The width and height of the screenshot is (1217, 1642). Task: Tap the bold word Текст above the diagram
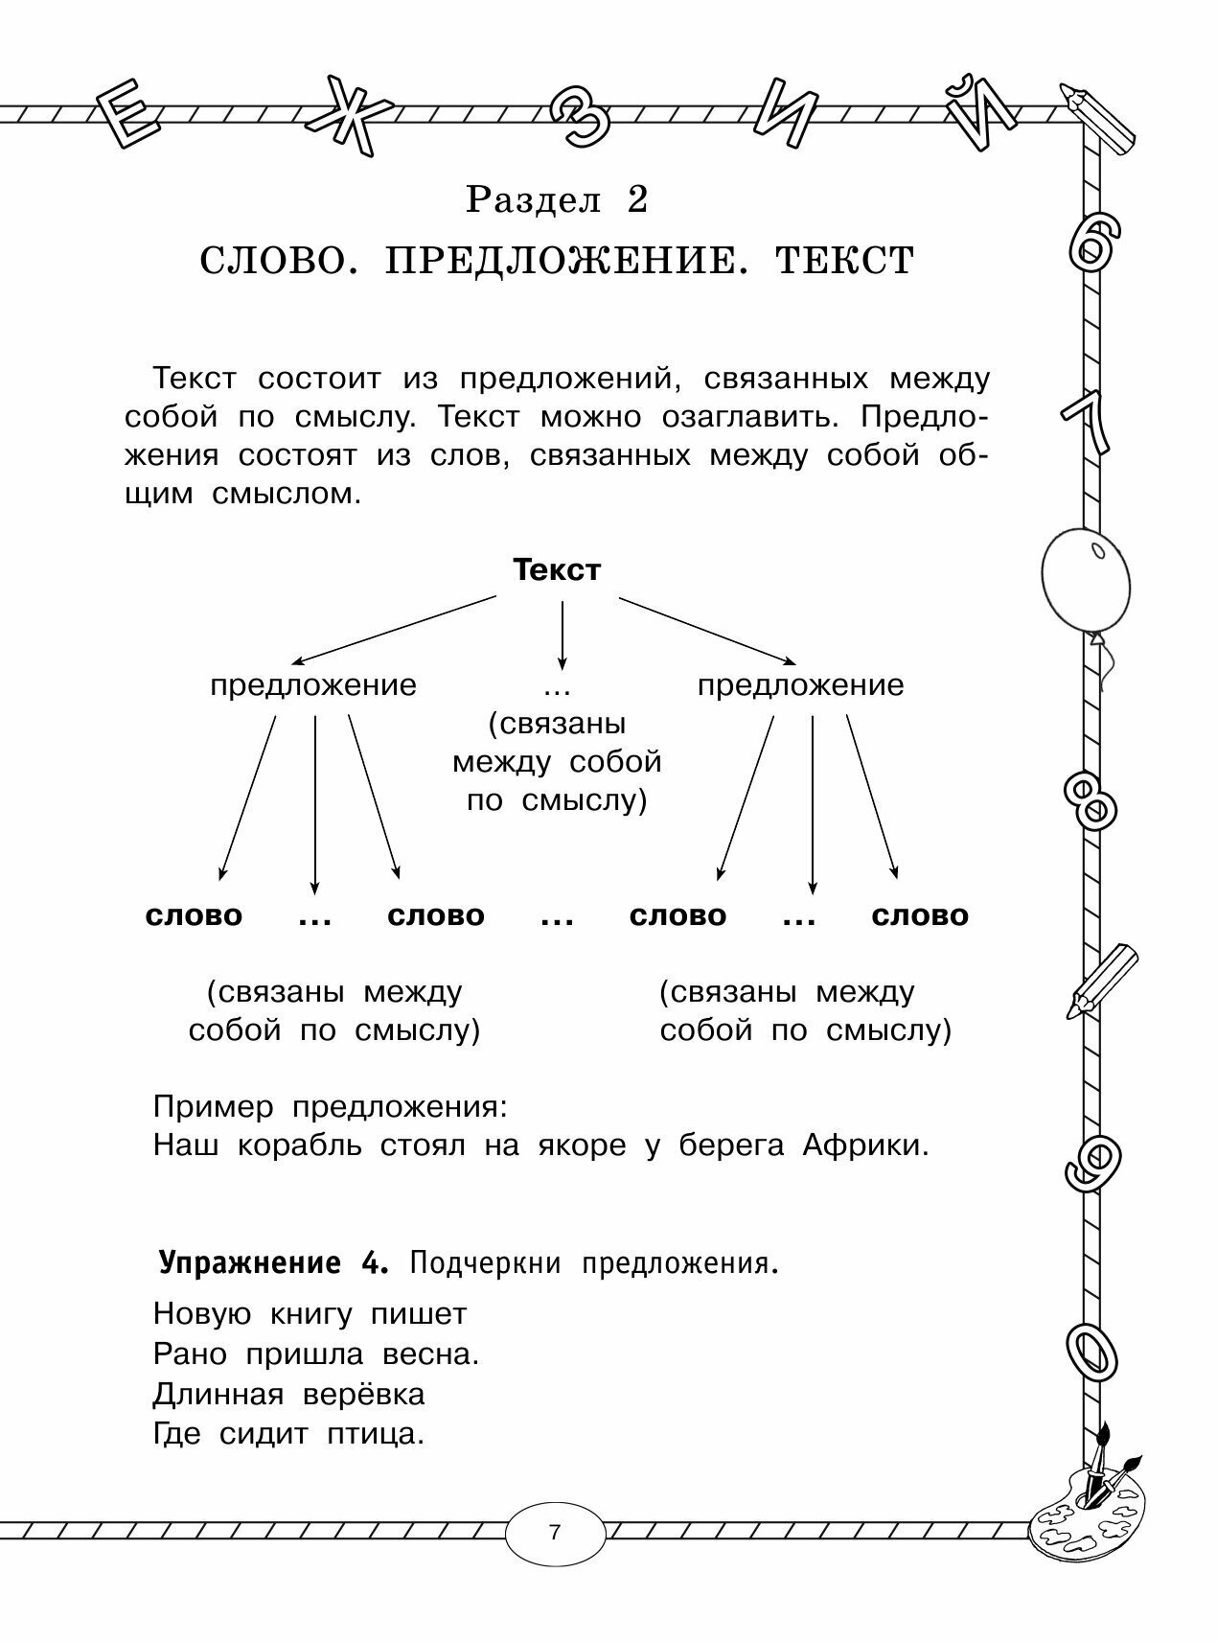tap(557, 570)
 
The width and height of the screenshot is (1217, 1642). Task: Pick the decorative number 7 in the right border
tap(1090, 419)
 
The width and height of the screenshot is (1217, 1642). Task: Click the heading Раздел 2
tap(557, 199)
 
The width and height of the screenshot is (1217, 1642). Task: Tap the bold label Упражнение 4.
tap(273, 1263)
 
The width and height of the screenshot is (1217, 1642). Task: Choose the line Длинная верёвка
tap(288, 1394)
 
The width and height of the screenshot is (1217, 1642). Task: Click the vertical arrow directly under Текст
tap(563, 633)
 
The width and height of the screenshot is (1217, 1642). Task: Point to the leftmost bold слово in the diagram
tap(194, 915)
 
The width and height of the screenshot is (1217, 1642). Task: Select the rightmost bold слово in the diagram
tap(920, 915)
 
